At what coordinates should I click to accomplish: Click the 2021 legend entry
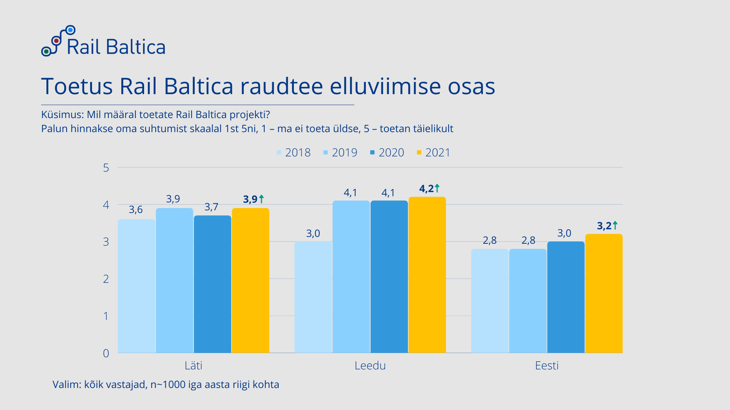point(433,153)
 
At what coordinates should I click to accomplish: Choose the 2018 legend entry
point(294,153)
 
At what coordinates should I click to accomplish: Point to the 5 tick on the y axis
point(106,168)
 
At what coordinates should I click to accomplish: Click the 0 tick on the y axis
point(106,353)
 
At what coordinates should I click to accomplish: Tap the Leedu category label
point(370,366)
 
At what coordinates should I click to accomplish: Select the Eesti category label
point(547,366)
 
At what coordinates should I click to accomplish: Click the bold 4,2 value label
point(426,189)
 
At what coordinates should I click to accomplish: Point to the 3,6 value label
point(136,210)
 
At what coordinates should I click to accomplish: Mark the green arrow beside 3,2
point(615,225)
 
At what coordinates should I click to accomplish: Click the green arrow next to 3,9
point(261,199)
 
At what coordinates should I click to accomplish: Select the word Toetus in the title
point(77,86)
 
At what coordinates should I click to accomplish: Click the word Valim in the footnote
point(66,385)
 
